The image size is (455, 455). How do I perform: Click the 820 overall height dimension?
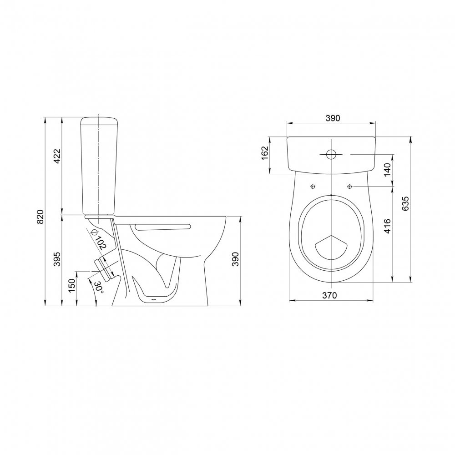pyautogui.click(x=40, y=217)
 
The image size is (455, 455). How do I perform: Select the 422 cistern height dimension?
pyautogui.click(x=57, y=156)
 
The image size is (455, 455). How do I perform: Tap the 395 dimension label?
pyautogui.click(x=57, y=259)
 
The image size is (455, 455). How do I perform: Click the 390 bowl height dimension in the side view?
pyautogui.click(x=236, y=259)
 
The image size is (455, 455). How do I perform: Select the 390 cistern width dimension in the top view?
pyautogui.click(x=333, y=118)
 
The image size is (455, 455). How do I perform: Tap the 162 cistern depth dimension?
pyautogui.click(x=265, y=153)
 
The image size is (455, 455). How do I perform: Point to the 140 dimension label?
pyautogui.click(x=388, y=170)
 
